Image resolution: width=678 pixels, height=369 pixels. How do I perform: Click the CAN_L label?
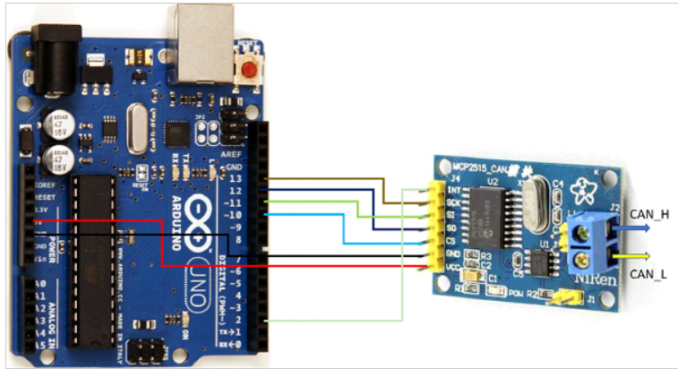click(649, 274)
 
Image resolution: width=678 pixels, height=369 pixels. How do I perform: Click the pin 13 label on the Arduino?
click(236, 179)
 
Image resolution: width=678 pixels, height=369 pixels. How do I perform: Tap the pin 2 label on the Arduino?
click(236, 319)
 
